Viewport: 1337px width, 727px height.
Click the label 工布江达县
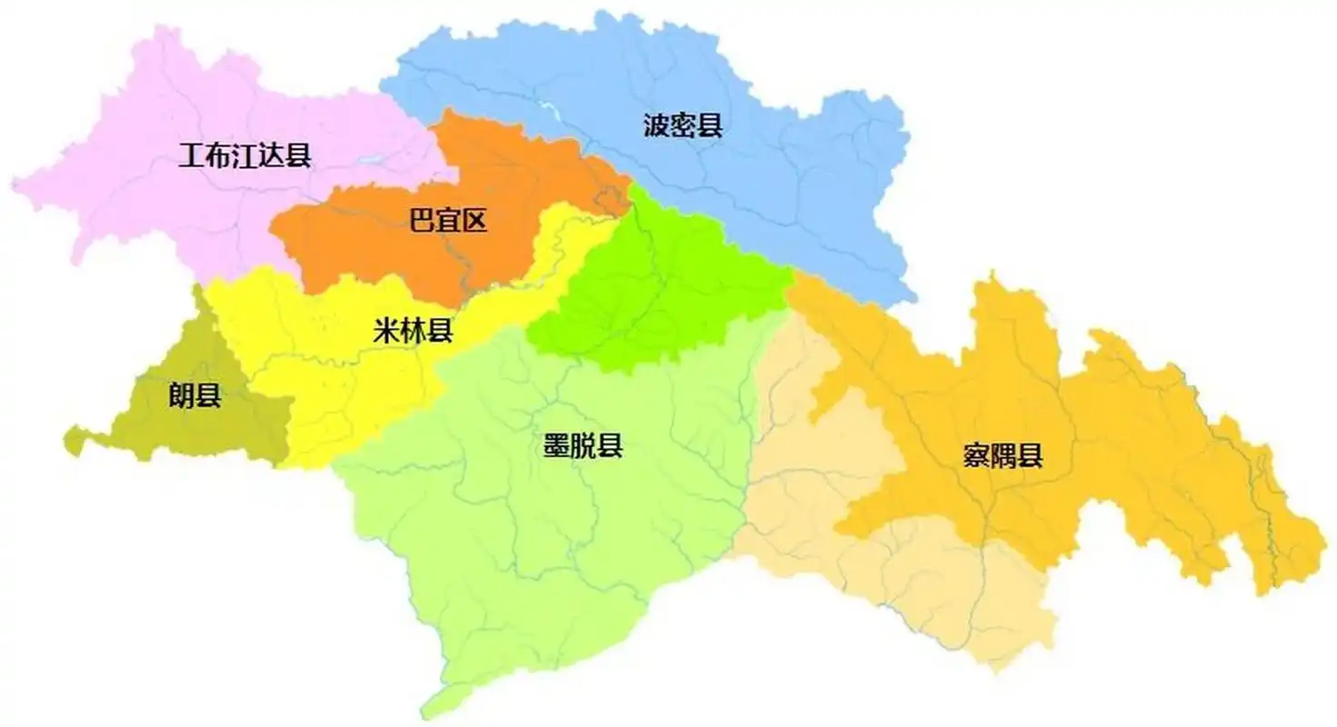pos(245,156)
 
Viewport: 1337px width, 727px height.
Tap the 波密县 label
pos(683,125)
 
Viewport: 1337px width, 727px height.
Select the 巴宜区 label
pos(448,220)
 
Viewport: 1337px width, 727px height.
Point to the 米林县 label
pos(414,330)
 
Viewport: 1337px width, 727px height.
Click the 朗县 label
pos(195,396)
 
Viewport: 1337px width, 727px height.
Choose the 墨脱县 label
pos(583,446)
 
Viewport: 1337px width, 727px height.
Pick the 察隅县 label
pos(1003,455)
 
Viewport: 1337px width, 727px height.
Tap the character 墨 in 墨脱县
pos(556,446)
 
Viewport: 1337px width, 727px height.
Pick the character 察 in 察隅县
pos(977,455)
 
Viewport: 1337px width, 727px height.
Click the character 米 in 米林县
pos(387,330)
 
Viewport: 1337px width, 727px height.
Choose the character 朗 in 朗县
pos(182,396)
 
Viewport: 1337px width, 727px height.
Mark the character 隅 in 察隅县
pos(1003,455)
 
